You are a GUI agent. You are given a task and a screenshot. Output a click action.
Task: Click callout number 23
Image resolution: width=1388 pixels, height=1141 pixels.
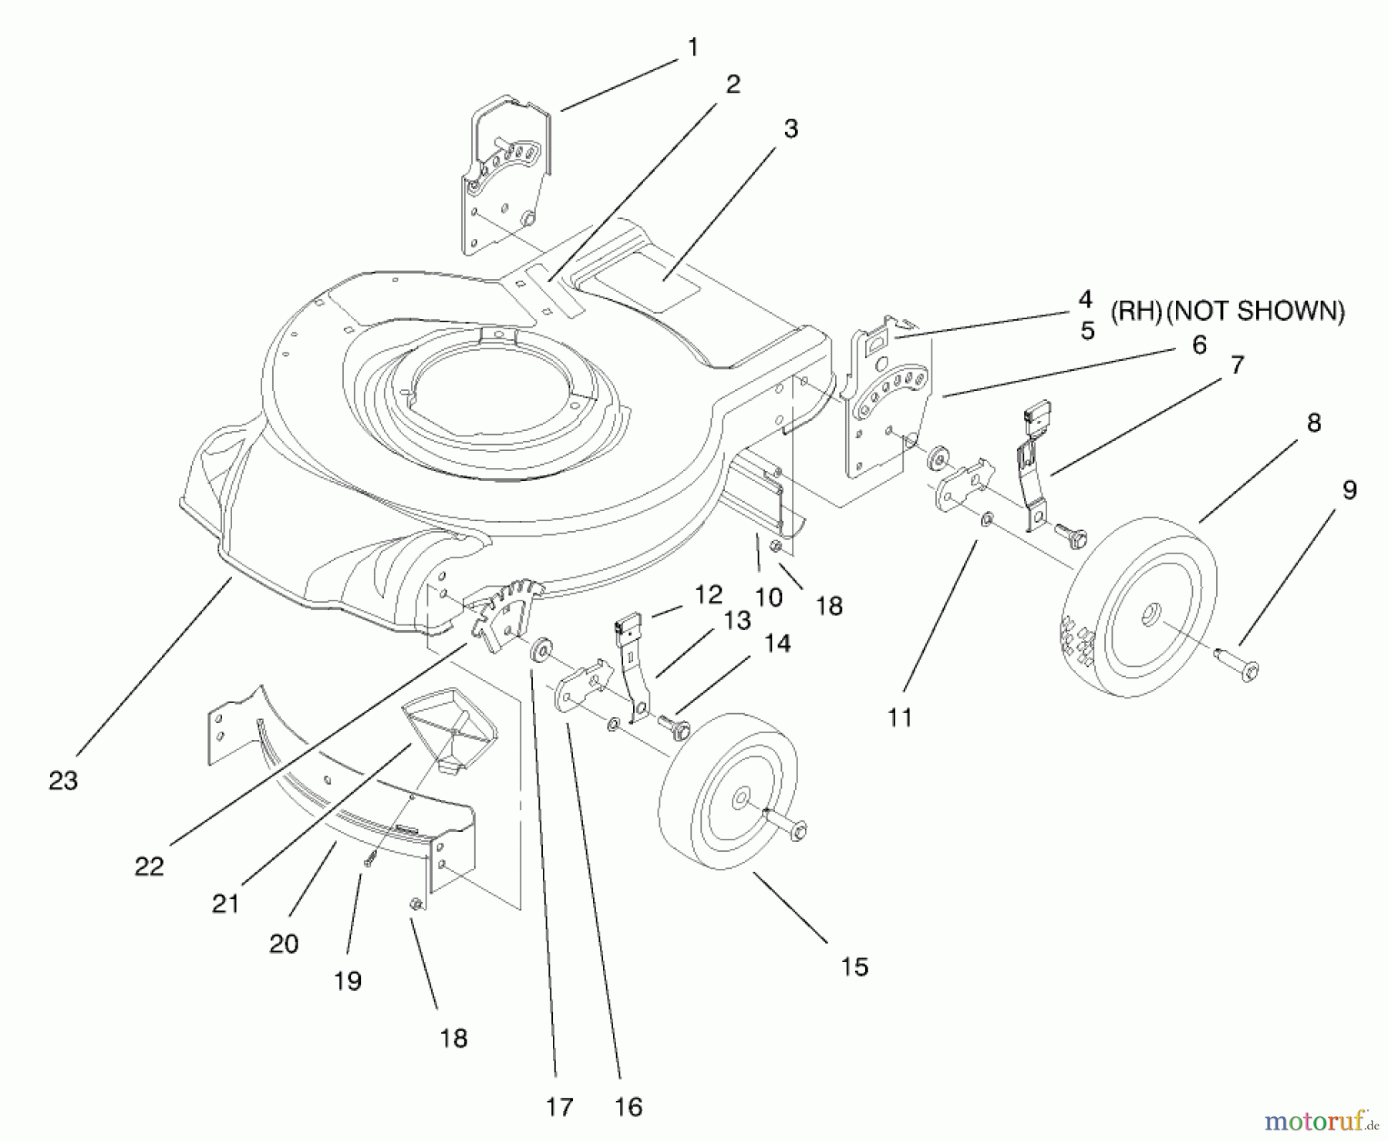(x=63, y=780)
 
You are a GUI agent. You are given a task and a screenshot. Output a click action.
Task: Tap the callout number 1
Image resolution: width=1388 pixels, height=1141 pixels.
(x=692, y=48)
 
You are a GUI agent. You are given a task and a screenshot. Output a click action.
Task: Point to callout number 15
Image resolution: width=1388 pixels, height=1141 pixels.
(x=854, y=967)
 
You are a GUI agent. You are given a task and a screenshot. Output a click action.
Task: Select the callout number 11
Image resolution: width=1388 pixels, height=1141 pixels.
(x=899, y=718)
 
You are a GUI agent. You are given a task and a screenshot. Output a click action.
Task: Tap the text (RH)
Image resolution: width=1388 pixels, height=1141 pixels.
(x=1136, y=311)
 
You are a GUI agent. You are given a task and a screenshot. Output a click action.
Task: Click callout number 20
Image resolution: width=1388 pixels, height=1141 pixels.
(x=283, y=943)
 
